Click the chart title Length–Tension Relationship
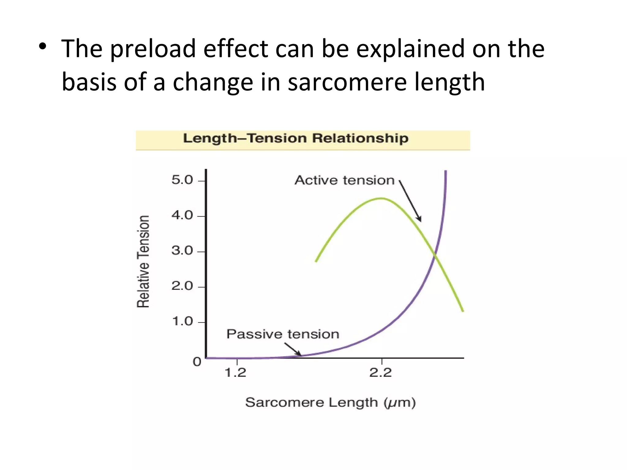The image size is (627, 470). coord(295,138)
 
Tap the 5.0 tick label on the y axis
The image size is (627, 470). coord(182,180)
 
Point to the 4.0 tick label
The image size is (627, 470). coord(182,215)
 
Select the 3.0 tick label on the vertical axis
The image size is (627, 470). coord(182,251)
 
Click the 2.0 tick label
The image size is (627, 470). coord(182,286)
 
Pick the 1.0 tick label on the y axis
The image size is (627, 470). coord(182,321)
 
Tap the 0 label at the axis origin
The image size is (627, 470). coord(197,362)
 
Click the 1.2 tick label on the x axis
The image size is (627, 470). coord(235,373)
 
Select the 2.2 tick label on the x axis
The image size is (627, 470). coord(380,373)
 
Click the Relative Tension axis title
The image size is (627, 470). coord(143,261)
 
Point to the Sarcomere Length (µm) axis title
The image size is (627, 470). coord(330,402)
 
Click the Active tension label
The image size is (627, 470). coord(344,180)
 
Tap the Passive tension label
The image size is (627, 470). coord(283,334)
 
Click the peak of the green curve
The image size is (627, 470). coord(381,199)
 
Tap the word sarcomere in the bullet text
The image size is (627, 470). coord(347,82)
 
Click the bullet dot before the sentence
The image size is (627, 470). coord(43,47)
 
